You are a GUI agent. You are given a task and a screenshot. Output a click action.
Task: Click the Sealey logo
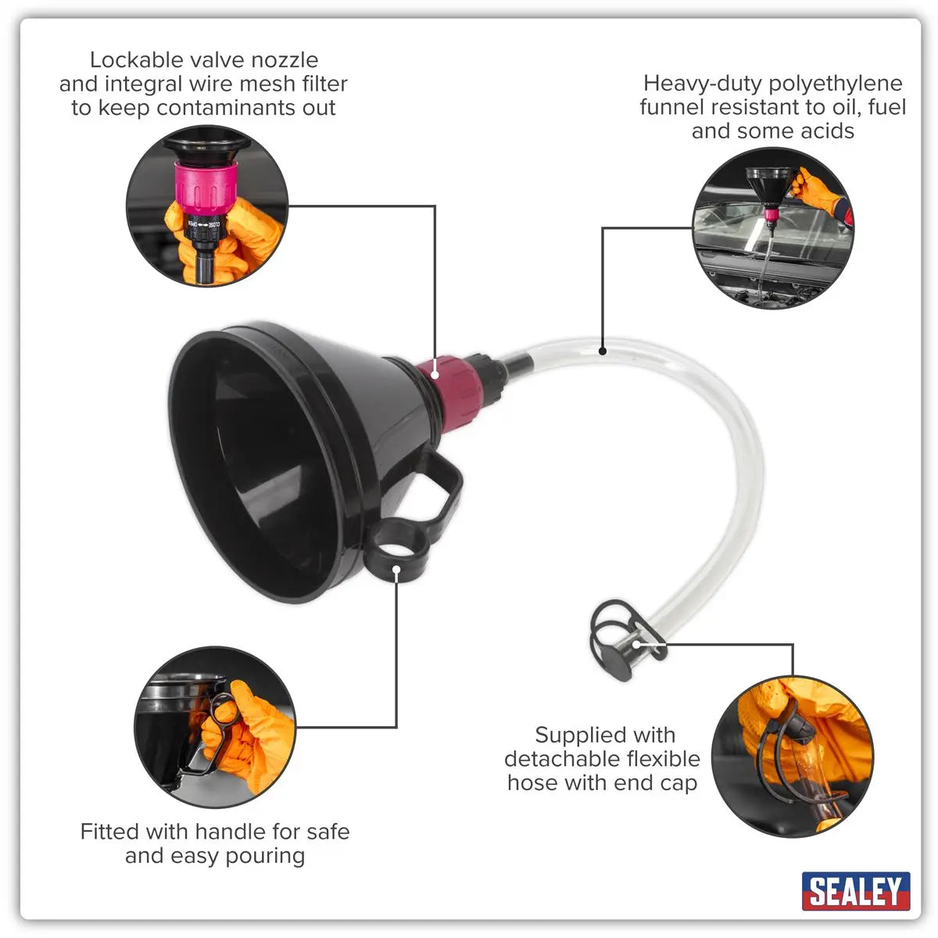(x=855, y=891)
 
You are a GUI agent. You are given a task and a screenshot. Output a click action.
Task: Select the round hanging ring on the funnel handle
(x=396, y=552)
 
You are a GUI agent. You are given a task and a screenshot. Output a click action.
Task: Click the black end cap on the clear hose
(x=614, y=657)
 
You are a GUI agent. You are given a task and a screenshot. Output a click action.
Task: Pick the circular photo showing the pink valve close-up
(x=206, y=206)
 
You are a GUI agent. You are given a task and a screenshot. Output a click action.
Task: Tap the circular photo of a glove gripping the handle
(x=215, y=727)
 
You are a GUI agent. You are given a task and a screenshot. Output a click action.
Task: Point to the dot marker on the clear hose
(x=603, y=351)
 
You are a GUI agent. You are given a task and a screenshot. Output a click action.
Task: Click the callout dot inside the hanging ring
(x=396, y=569)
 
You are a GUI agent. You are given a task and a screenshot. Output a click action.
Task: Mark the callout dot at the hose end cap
(x=637, y=644)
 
